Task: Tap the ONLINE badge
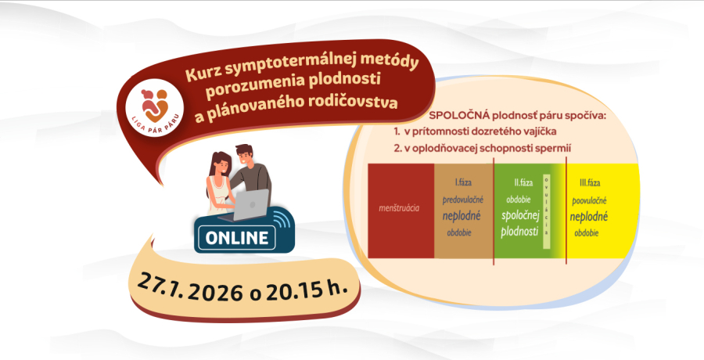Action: point(236,236)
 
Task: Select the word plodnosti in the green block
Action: point(517,232)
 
